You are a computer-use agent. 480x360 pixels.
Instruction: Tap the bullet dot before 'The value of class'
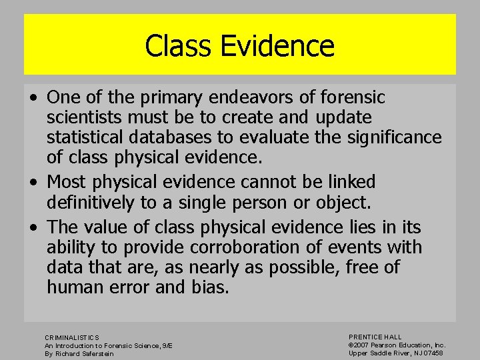[33, 228]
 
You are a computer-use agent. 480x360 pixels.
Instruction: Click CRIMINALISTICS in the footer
[71, 337]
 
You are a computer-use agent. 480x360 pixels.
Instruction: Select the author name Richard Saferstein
[87, 353]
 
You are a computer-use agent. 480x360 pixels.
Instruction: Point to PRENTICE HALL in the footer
[375, 337]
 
